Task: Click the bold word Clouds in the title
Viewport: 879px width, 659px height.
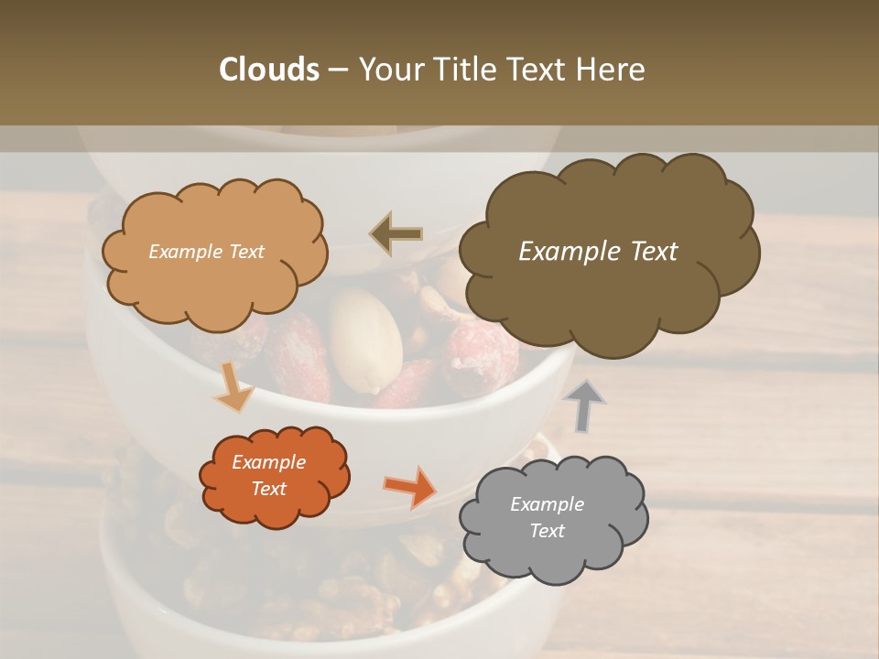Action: coord(268,70)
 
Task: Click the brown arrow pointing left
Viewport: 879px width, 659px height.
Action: coord(396,234)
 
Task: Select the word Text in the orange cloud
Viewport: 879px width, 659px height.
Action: coord(268,489)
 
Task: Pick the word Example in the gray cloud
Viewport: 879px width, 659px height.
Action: coord(547,504)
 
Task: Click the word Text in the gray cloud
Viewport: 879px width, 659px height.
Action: coord(547,531)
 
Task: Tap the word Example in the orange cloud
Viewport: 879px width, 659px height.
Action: coord(268,462)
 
